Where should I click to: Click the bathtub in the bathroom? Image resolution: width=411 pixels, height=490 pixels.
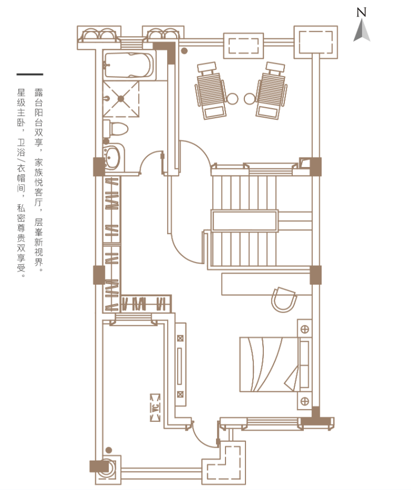point(129,65)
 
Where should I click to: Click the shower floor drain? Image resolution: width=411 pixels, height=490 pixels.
point(121,99)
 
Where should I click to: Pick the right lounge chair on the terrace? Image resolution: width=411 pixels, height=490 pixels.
point(271,90)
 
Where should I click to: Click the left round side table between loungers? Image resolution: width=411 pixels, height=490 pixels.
point(232,99)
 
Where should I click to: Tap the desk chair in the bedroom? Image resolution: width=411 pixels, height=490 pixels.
point(284,300)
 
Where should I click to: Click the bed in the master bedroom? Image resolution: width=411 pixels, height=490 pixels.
point(269,364)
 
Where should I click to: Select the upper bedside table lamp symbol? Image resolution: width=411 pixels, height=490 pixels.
point(304,329)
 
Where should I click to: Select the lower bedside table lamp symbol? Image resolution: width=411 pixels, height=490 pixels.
point(304,401)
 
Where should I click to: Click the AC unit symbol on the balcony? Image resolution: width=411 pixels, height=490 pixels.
point(155,408)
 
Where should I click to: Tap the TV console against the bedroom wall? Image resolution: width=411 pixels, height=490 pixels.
point(180,365)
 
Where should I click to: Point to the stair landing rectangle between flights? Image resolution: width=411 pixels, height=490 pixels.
point(244,221)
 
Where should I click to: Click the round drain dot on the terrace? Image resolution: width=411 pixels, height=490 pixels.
point(184,50)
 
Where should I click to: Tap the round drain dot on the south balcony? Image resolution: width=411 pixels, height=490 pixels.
point(108,450)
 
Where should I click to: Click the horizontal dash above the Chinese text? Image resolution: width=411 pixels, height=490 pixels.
point(30,74)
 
